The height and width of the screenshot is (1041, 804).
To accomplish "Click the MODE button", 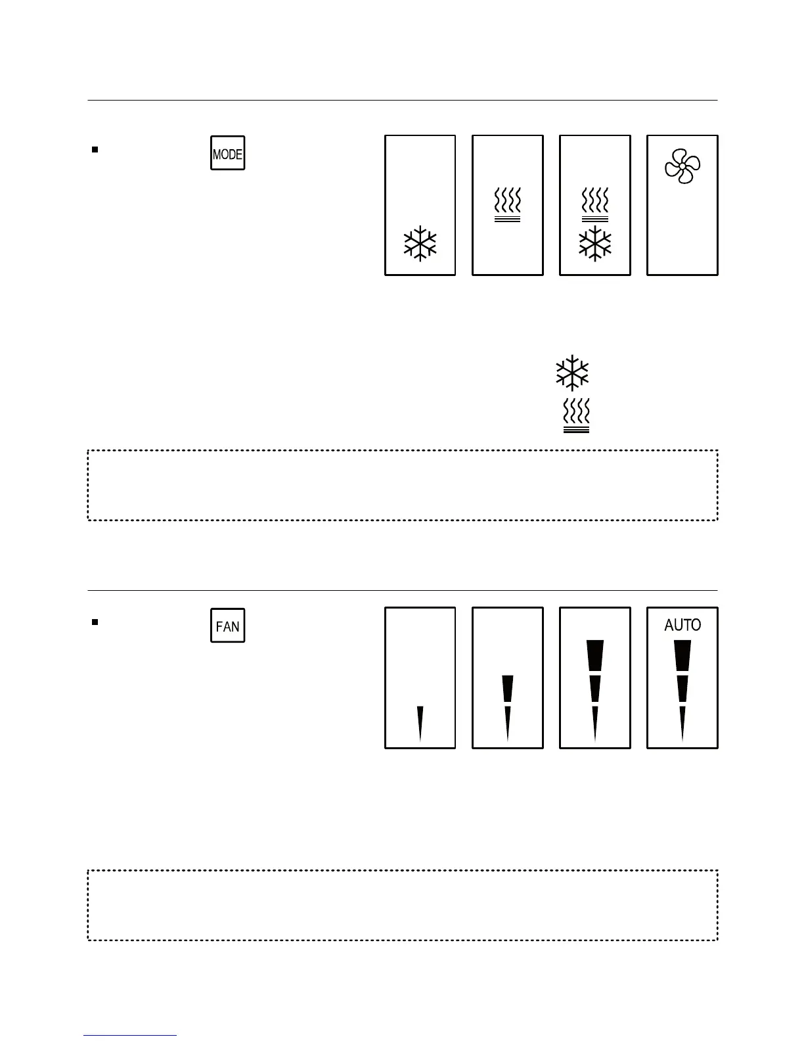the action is (227, 153).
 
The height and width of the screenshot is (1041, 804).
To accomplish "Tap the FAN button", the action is (227, 625).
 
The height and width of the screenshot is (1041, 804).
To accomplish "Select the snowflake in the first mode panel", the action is (420, 244).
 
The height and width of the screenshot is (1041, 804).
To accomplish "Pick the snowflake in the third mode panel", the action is (594, 244).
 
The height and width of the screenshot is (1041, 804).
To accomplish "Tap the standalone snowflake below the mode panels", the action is (572, 373).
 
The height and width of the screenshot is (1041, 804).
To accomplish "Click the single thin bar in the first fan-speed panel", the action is (420, 723).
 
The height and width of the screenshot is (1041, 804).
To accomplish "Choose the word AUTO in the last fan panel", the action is (682, 625).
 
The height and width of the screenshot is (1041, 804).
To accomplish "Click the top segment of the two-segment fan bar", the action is (507, 688).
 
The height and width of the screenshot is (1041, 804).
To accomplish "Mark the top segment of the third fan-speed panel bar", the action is (594, 656).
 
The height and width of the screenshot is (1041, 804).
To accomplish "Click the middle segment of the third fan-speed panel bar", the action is (594, 688).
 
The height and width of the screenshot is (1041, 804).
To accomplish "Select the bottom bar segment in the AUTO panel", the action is (682, 723).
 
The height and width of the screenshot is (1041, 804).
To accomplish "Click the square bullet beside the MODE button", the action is (95, 150).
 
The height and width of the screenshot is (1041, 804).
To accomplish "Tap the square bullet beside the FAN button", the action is (95, 622).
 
